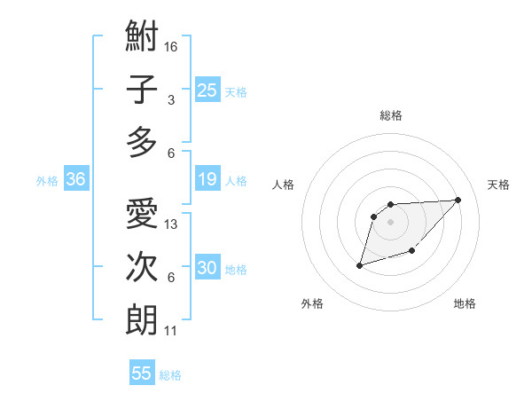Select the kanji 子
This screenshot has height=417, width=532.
point(142,90)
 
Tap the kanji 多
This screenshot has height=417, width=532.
point(142,142)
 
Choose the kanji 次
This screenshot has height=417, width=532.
point(142,267)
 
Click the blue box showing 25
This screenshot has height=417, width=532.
point(207,90)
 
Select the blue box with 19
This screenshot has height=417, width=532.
point(207,180)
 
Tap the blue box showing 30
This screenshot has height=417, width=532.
point(207,269)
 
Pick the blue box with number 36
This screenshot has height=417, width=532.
point(75,180)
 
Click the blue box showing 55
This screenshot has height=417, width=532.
point(142,374)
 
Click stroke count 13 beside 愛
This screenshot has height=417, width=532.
point(171,224)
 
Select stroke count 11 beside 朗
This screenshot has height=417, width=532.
point(171,331)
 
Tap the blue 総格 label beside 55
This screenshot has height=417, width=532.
point(170,374)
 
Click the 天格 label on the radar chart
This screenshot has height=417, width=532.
point(498,185)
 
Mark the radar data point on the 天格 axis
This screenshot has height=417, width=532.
point(458,200)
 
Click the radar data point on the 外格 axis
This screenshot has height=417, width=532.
point(359,264)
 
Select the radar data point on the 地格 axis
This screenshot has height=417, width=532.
point(411,253)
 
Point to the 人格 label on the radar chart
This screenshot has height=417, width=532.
point(284,185)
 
